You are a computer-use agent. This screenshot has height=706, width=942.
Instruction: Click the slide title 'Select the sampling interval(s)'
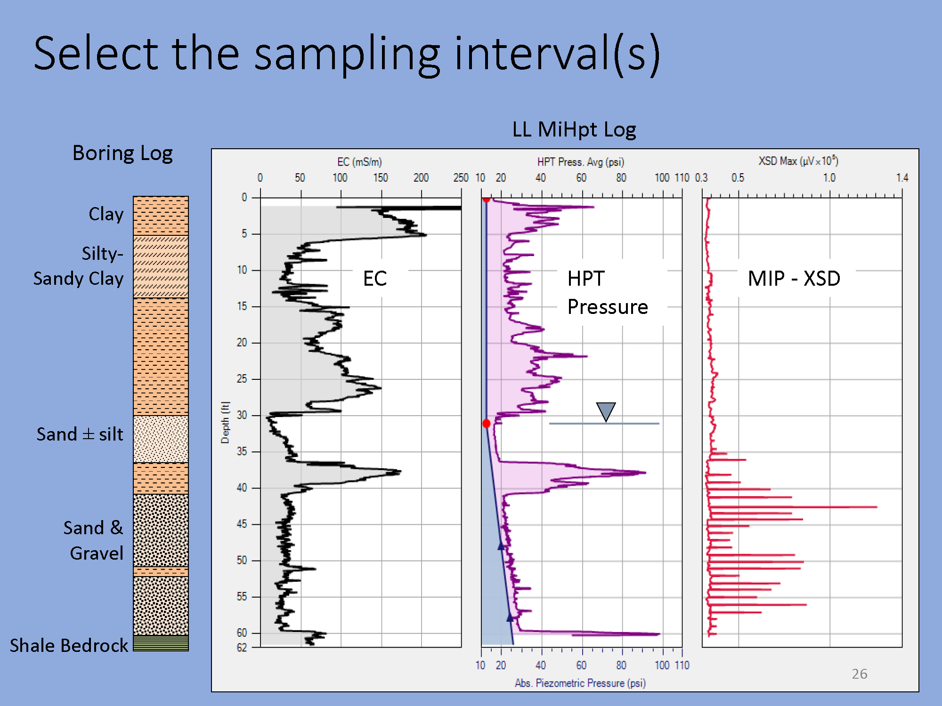pos(347,54)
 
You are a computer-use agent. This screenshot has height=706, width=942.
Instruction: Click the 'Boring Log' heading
pos(122,153)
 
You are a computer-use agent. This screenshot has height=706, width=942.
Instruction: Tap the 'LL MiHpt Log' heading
pos(574,129)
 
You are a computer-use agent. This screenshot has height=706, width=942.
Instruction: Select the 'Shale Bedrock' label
pos(69,645)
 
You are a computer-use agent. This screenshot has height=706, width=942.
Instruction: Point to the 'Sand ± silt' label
pos(80,434)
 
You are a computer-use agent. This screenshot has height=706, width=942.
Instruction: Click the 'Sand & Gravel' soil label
pos(94,540)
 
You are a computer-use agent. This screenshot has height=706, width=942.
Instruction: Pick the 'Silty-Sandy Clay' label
pos(79,266)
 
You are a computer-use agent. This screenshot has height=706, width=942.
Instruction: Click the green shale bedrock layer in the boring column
pos(161,643)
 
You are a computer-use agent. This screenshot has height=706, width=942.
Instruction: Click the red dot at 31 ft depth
pos(487,424)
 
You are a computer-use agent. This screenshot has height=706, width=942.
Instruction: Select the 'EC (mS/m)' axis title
pos(359,162)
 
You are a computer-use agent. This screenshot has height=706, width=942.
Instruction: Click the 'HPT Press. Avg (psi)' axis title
pos(581,162)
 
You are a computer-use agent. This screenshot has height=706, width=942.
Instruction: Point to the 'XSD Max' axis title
pos(798,161)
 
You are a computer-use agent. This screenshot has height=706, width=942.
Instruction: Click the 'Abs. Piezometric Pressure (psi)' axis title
pos(580,683)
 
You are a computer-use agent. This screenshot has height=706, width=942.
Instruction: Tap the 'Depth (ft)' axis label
pos(225,422)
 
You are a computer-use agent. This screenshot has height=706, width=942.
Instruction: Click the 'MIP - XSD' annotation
pos(794,279)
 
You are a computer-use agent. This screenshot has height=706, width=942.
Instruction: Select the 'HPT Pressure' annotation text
pos(608,293)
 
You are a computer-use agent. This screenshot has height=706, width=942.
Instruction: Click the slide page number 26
pos(859,674)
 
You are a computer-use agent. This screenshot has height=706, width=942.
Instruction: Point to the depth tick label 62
pos(242,648)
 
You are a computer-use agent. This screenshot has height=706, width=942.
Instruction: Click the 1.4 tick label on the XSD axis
pos(902,178)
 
